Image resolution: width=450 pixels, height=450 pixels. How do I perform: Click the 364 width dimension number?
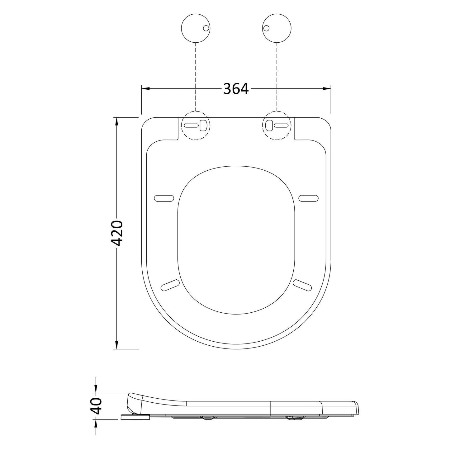[x=236, y=88]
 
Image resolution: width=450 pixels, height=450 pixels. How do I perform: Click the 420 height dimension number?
[x=116, y=233]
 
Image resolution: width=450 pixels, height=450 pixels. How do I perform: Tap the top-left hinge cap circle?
[x=196, y=28]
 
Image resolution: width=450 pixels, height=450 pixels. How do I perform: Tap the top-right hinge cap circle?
[x=277, y=28]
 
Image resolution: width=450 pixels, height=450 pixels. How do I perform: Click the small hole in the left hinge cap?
[x=206, y=28]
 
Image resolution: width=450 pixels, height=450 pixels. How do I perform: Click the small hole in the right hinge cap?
[x=267, y=28]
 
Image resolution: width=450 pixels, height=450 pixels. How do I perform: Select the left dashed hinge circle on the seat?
[x=196, y=126]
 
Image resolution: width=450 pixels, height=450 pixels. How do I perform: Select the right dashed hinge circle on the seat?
[x=277, y=126]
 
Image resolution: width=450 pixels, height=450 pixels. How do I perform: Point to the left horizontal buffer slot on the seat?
[x=164, y=198]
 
